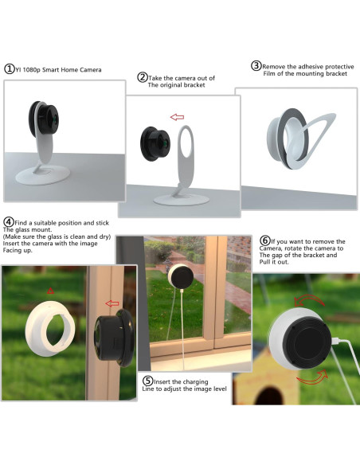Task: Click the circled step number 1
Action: [10, 69]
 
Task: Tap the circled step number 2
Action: [143, 77]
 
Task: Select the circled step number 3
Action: [256, 65]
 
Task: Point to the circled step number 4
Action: [9, 221]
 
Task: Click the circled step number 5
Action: [147, 381]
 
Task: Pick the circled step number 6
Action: [265, 240]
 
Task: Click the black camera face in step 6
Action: [303, 342]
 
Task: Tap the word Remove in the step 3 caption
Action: [275, 65]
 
